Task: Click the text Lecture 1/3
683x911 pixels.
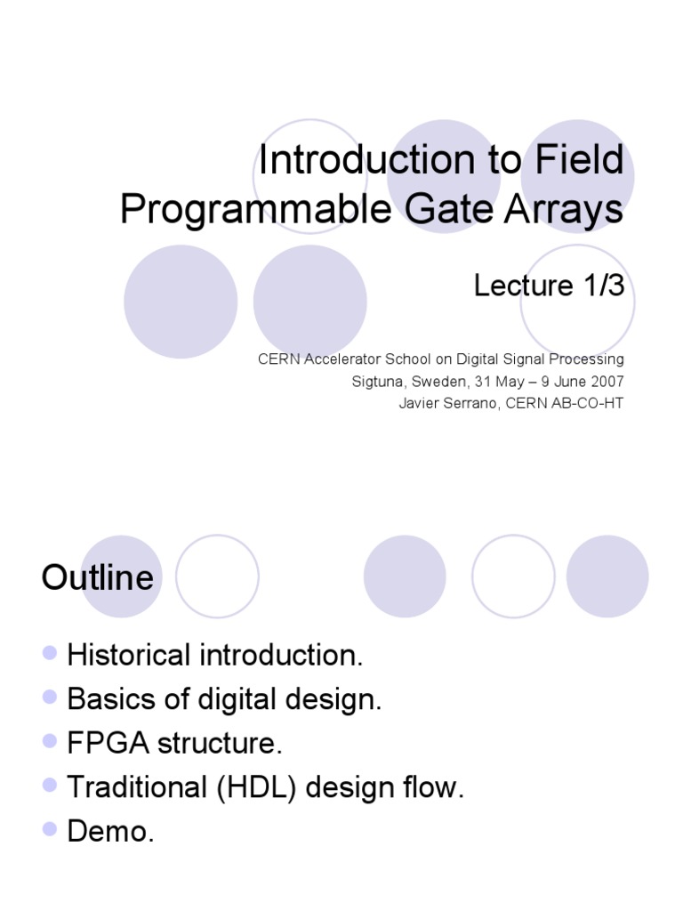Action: [x=549, y=286]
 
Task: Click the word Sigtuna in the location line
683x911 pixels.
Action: [x=376, y=382]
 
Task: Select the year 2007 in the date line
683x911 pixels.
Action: [x=607, y=382]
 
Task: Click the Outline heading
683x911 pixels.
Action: [x=97, y=578]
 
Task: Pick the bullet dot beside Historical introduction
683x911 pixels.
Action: [x=50, y=654]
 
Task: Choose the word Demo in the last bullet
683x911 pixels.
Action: [x=105, y=831]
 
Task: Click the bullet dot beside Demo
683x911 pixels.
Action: [x=50, y=829]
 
